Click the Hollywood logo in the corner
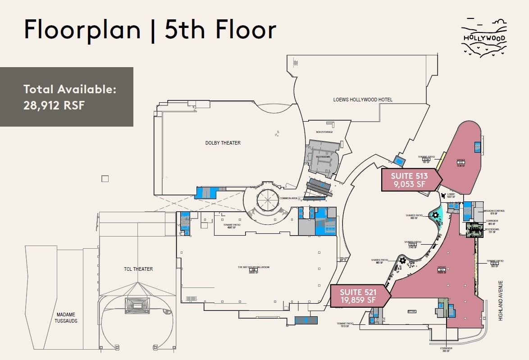[x=483, y=38]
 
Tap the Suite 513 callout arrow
[x=410, y=180]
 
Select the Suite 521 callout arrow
[x=359, y=296]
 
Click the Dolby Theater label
[x=223, y=143]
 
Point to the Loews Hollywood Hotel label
[x=363, y=100]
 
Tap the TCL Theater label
[x=138, y=269]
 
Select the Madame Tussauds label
[x=67, y=318]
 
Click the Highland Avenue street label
[x=500, y=301]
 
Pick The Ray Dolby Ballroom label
[x=253, y=269]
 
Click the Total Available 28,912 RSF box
[x=67, y=97]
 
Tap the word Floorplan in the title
[x=82, y=30]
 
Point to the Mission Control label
[x=494, y=211]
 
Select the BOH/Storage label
[x=324, y=132]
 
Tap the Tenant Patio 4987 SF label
[x=232, y=226]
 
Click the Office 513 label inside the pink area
[x=461, y=163]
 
